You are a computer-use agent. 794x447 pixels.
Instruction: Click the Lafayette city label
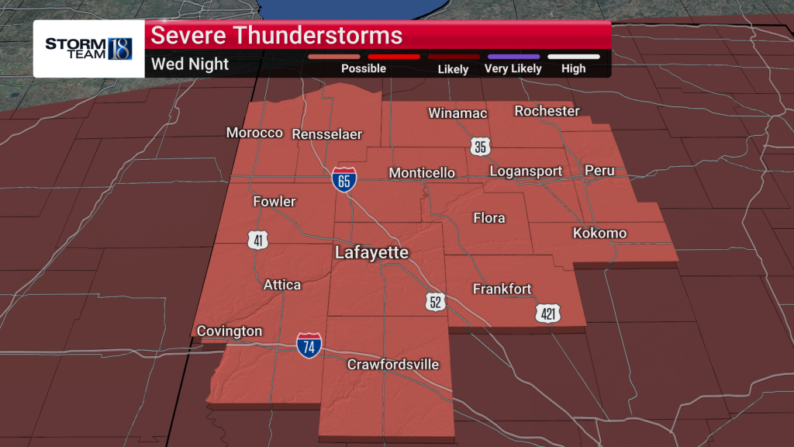click(x=371, y=253)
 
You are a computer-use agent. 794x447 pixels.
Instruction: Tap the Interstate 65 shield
click(x=344, y=181)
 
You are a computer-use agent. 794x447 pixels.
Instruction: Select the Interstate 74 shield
click(x=309, y=346)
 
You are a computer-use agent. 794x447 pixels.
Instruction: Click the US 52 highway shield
click(x=435, y=301)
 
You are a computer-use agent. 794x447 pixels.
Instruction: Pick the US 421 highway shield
click(x=547, y=313)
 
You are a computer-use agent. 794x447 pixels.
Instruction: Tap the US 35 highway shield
click(x=480, y=146)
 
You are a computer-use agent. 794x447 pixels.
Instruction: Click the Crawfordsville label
click(x=393, y=364)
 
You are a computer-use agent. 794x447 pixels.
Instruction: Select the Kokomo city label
click(x=599, y=233)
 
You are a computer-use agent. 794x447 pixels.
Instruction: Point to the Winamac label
click(x=457, y=113)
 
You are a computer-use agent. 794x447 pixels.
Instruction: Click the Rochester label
click(x=547, y=111)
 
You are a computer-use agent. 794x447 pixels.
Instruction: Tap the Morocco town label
click(x=254, y=133)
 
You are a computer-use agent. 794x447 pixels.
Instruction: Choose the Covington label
click(x=230, y=331)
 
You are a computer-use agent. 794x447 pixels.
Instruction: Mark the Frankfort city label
click(x=502, y=289)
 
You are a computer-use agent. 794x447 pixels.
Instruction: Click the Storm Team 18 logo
click(x=88, y=48)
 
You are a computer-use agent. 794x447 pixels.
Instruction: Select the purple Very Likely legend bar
click(x=513, y=57)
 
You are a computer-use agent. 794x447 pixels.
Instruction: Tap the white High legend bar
click(x=573, y=57)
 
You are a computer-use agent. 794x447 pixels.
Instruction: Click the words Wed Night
click(x=190, y=64)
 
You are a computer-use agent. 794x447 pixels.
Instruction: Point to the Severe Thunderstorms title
click(x=276, y=36)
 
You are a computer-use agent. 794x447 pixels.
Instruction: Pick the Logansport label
click(x=524, y=171)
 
